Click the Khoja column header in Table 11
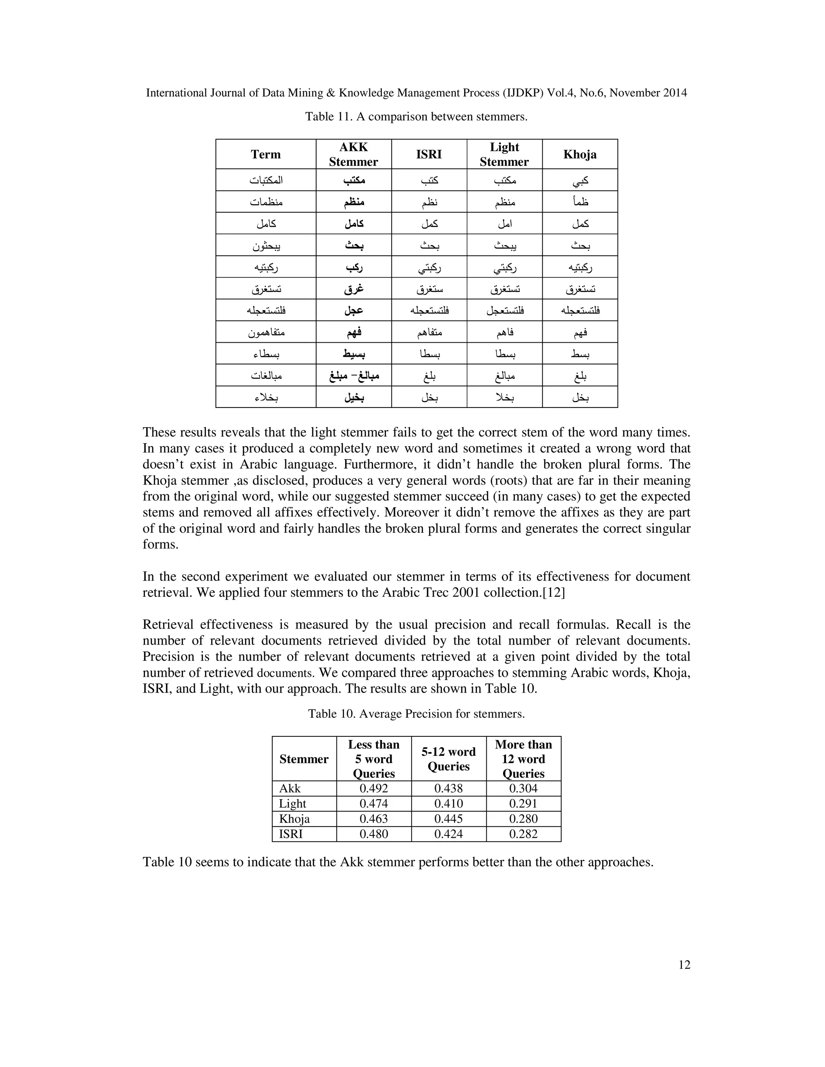[580, 154]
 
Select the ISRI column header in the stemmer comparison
[429, 154]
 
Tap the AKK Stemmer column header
[353, 154]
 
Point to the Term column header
[265, 154]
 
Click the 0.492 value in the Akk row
[373, 788]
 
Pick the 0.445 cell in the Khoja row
[448, 818]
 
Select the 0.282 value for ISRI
[523, 833]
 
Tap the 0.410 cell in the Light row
[448, 803]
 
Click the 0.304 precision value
[523, 788]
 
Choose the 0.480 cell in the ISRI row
[373, 833]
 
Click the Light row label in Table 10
[292, 803]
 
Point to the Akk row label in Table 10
[290, 788]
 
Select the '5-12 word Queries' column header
[448, 759]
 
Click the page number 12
[684, 964]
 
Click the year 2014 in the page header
[675, 93]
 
